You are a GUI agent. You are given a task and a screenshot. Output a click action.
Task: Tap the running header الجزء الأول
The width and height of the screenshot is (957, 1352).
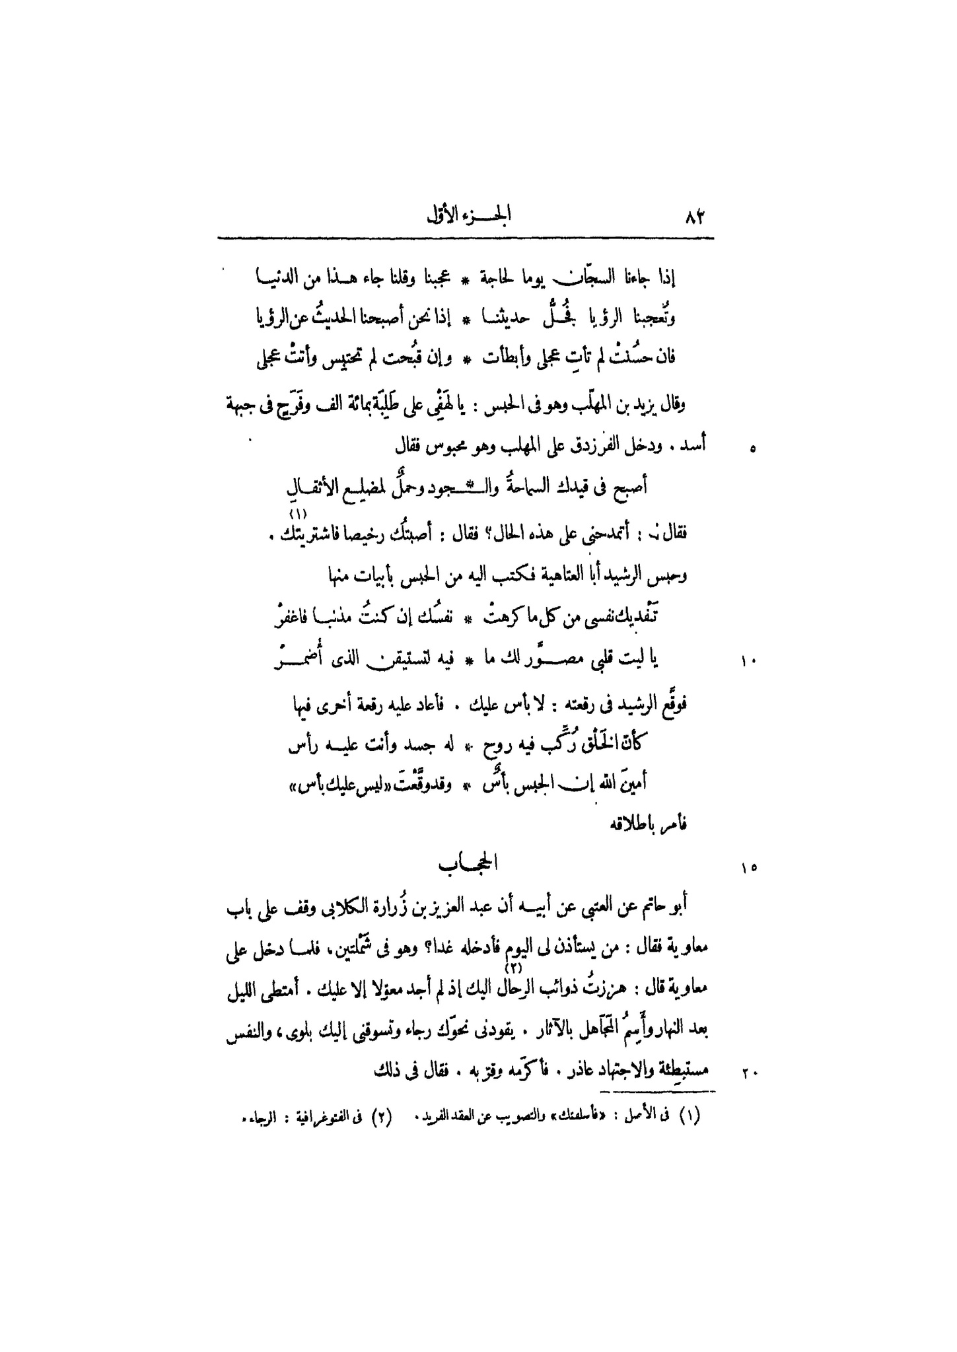469,216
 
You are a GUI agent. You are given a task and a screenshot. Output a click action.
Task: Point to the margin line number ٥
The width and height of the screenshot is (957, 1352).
752,450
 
